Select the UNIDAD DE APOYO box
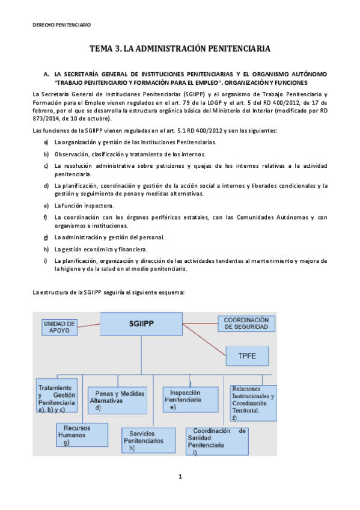pos(60,327)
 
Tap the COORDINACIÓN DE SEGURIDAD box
pos(246,323)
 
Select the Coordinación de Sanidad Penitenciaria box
pos(217,441)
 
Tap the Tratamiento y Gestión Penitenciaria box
pos(58,397)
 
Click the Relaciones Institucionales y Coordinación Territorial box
pos(252,402)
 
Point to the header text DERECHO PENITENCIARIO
pos(61,25)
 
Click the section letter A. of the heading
pos(46,73)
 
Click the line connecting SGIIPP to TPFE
pos(204,340)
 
